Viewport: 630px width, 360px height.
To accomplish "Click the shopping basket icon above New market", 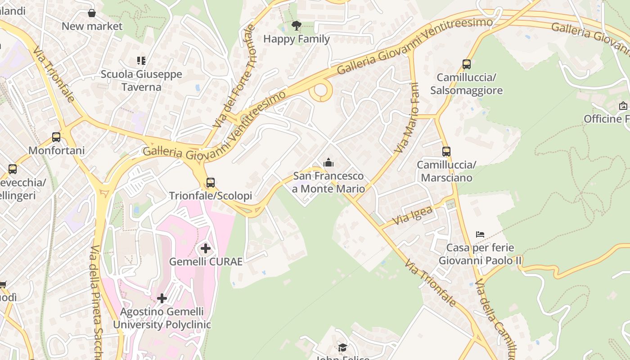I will point(92,13).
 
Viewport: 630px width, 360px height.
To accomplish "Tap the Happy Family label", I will point(297,39).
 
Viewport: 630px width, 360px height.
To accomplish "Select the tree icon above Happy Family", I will point(296,26).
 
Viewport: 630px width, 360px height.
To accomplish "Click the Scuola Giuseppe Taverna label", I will point(141,81).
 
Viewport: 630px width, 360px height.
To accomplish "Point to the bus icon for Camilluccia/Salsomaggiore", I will point(467,64).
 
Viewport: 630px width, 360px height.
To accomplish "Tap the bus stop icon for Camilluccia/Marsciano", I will point(446,152).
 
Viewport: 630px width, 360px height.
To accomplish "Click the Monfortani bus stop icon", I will point(56,137).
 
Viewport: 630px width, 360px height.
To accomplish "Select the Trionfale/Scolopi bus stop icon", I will point(211,183).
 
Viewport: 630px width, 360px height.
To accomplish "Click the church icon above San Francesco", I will point(328,162).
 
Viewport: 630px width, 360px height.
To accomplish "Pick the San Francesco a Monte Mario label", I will point(328,182).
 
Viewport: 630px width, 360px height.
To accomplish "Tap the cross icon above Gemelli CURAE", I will point(206,248).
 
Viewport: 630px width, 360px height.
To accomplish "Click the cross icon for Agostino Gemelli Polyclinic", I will point(162,298).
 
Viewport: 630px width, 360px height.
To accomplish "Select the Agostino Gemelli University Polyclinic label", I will point(162,318).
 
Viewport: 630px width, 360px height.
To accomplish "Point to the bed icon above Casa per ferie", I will point(480,234).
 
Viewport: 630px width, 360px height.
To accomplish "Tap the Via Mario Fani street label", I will point(407,118).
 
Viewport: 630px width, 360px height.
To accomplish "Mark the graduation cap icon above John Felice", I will point(343,347).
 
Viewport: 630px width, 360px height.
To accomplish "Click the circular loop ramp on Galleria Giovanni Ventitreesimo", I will point(321,90).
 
